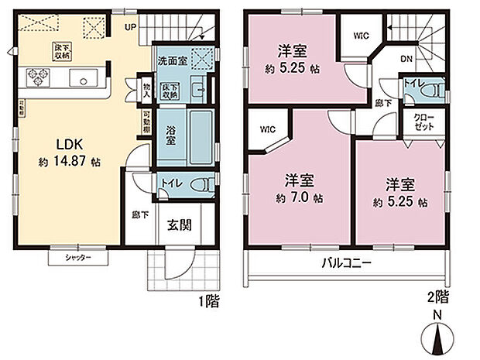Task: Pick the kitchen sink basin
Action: coord(84,77)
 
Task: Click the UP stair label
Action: coord(132,26)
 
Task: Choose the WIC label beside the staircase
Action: coord(362,35)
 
